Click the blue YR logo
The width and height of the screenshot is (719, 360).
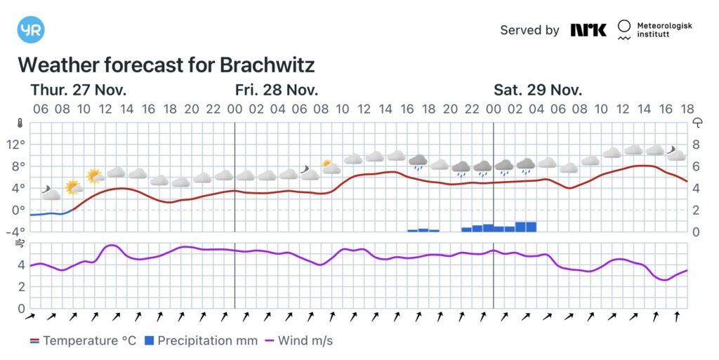click(x=30, y=30)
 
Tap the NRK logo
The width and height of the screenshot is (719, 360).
click(x=588, y=30)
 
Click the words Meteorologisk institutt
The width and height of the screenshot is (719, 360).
click(x=664, y=30)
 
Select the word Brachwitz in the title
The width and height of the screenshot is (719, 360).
click(x=267, y=65)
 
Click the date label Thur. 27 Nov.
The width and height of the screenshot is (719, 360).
click(x=78, y=90)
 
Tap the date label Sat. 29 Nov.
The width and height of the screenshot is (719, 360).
click(x=538, y=90)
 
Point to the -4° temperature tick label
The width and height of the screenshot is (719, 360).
click(x=14, y=232)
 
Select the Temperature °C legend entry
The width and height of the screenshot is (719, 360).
click(x=82, y=341)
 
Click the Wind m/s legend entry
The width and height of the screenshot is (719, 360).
click(x=298, y=341)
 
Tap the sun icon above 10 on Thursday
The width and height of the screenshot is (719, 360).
click(x=93, y=176)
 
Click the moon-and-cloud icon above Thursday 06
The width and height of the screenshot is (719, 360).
click(x=50, y=192)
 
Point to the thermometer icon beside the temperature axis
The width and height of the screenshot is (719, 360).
click(x=21, y=123)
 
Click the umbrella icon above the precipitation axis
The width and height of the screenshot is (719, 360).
click(x=698, y=123)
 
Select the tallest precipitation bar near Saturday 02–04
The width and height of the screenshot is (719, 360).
click(x=526, y=226)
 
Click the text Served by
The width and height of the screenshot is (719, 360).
click(x=529, y=30)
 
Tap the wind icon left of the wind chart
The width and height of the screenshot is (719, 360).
click(x=21, y=244)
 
